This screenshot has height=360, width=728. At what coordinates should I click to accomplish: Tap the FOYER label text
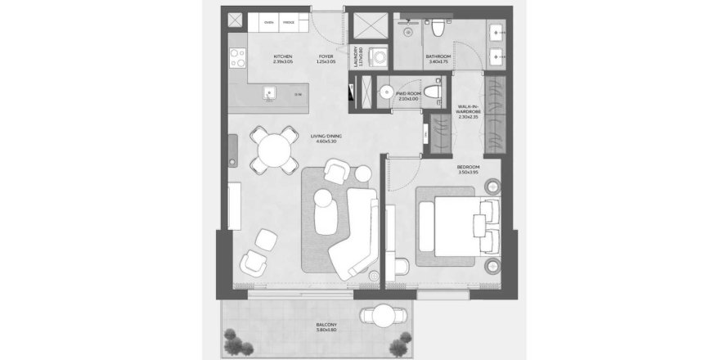325,56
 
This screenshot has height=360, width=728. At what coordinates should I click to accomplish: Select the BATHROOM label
438,56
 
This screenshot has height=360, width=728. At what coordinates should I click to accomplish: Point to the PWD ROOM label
407,94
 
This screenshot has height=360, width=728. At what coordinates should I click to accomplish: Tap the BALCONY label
326,325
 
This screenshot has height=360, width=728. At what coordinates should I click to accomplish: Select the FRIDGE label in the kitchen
289,22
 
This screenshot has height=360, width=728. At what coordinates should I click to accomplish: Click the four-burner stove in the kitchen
237,57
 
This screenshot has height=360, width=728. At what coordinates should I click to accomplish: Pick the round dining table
273,151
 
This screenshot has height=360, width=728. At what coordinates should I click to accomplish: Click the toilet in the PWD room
434,89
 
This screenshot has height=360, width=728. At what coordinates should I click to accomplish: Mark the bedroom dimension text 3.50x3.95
468,173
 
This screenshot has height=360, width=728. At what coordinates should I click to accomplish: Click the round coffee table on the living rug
324,199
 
